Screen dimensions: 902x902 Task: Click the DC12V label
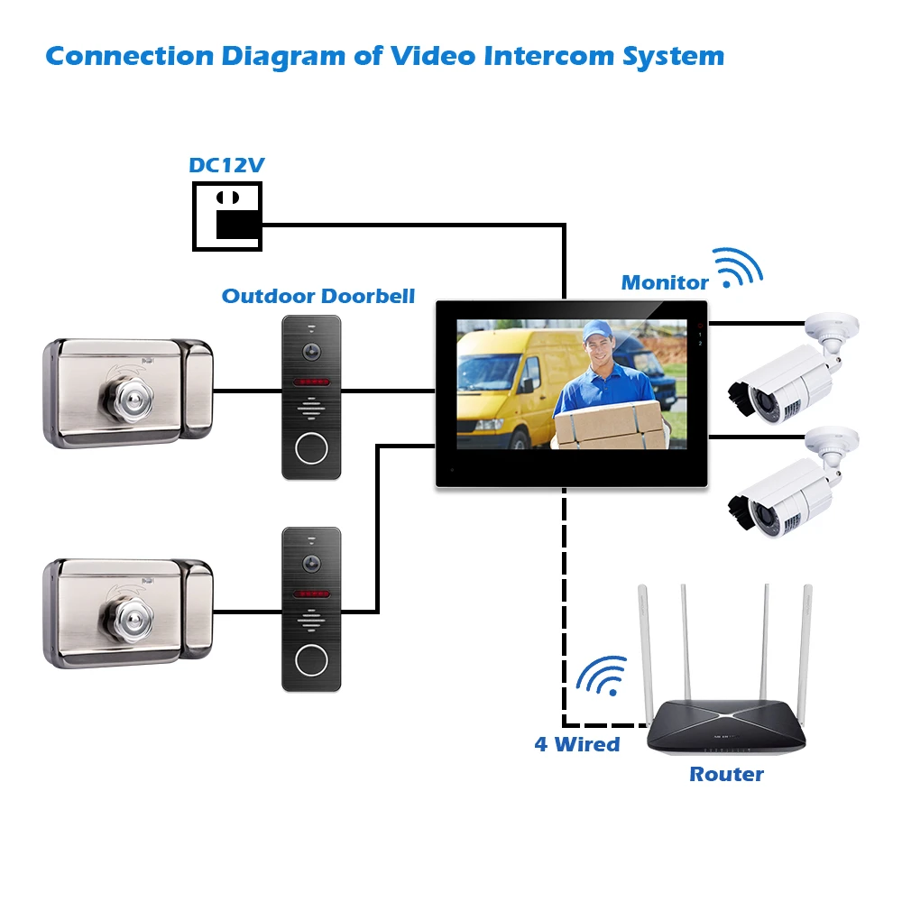tap(226, 166)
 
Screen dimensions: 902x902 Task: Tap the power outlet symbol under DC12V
tap(227, 216)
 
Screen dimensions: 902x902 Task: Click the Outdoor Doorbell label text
tap(318, 296)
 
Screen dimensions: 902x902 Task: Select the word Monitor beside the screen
tap(665, 283)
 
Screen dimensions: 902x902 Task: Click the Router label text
tap(726, 774)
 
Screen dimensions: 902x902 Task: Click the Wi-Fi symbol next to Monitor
tap(738, 268)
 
